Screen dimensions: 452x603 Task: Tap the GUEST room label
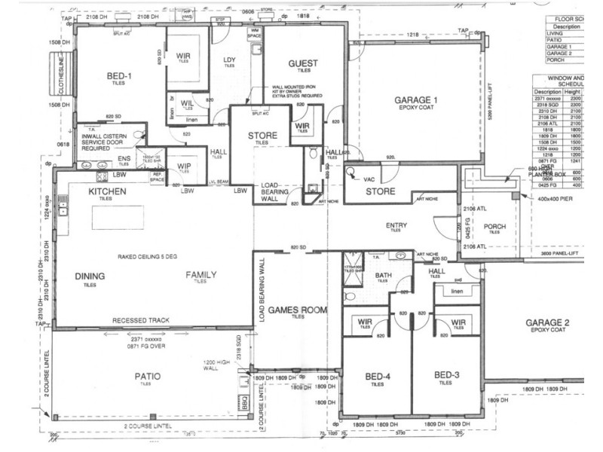pyautogui.click(x=303, y=64)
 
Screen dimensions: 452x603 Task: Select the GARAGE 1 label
pyautogui.click(x=416, y=100)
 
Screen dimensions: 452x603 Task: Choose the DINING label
pyautogui.click(x=90, y=276)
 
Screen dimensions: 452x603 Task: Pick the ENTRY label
pyautogui.click(x=396, y=225)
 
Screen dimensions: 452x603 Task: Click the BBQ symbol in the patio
pyautogui.click(x=243, y=402)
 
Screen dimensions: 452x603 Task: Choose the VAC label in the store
pyautogui.click(x=369, y=181)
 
